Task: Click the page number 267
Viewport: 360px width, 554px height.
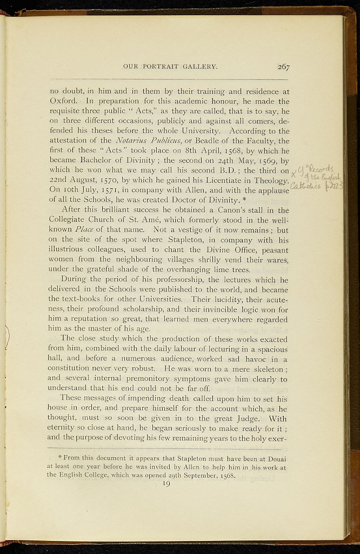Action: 283,67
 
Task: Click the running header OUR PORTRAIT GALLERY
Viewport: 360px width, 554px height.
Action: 170,67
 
